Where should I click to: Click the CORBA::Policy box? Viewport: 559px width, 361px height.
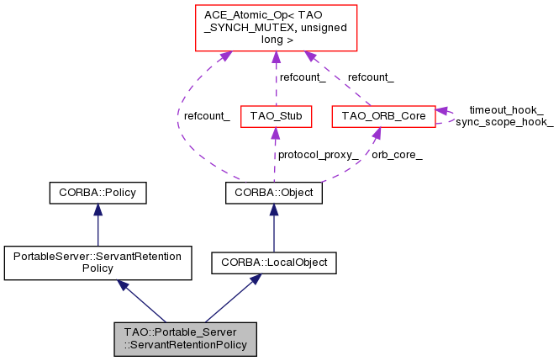tap(98, 194)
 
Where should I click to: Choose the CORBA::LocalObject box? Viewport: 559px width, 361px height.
tap(273, 263)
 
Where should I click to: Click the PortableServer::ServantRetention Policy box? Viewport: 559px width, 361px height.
tap(98, 263)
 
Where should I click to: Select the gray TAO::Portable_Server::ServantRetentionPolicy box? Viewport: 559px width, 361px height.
tap(185, 338)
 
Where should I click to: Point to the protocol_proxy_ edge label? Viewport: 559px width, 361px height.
tap(319, 155)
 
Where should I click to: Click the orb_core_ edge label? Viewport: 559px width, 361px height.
tap(397, 155)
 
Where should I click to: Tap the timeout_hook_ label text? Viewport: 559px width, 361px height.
tap(505, 110)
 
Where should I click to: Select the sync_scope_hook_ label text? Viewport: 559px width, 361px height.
tap(504, 122)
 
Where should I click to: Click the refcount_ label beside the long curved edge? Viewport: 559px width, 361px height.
tap(207, 116)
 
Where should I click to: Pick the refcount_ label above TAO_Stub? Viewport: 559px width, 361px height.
tap(303, 77)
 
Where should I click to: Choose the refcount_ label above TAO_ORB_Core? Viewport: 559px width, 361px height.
tap(371, 77)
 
